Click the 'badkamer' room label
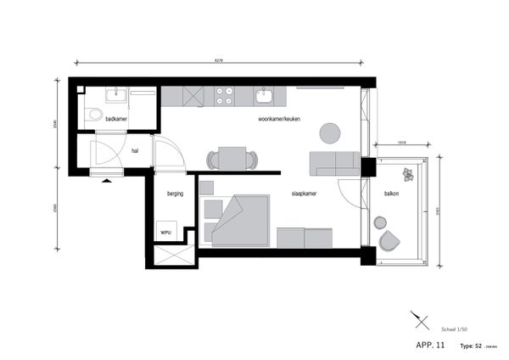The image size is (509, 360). tap(116, 120)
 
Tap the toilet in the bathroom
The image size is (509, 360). tap(94, 115)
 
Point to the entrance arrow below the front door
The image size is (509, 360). tap(106, 180)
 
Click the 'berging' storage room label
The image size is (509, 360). tap(176, 193)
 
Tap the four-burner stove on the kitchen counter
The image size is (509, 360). tap(226, 96)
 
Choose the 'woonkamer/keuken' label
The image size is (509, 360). tap(280, 120)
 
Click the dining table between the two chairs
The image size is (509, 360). tap(232, 159)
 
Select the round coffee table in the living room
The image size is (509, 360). tap(329, 132)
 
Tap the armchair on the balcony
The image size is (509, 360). tap(389, 241)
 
